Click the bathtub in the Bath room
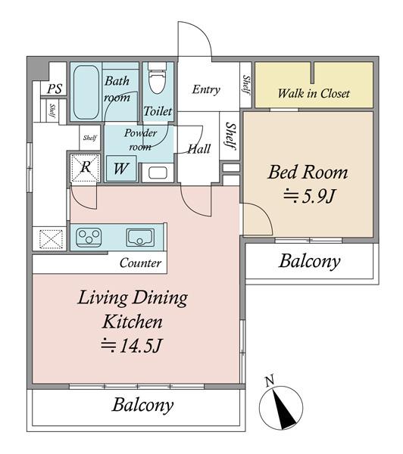click(86, 92)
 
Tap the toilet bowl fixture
click(158, 79)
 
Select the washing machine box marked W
click(121, 169)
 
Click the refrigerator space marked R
click(86, 168)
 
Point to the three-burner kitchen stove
click(89, 238)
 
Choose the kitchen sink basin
click(140, 238)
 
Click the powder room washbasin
click(158, 173)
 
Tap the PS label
click(55, 89)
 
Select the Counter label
click(140, 263)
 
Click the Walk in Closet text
click(314, 94)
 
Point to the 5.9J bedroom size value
click(310, 197)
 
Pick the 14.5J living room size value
click(130, 346)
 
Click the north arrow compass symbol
click(281, 408)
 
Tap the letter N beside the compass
click(270, 381)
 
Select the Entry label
click(206, 89)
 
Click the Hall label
click(199, 149)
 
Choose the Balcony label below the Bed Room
click(310, 262)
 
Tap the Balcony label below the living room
click(143, 405)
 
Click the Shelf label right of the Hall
click(230, 136)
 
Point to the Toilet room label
click(158, 111)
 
